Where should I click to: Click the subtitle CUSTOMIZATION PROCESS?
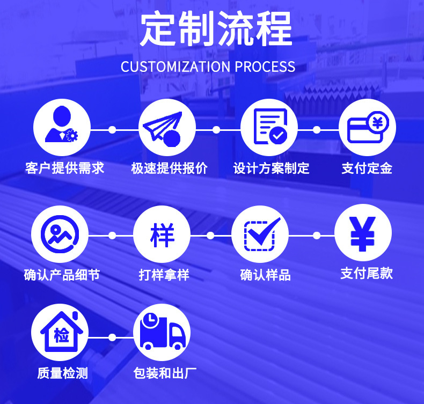click(208, 67)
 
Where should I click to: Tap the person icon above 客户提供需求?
click(62, 129)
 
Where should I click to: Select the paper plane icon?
click(167, 129)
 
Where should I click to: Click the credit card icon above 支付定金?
click(367, 129)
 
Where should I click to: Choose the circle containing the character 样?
click(162, 234)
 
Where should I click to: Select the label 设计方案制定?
click(271, 168)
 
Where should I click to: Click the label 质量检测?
click(62, 373)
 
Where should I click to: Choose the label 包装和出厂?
click(165, 373)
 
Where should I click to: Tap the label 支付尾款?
click(367, 274)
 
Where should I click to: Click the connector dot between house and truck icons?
click(112, 337)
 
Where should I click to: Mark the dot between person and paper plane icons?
click(112, 130)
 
